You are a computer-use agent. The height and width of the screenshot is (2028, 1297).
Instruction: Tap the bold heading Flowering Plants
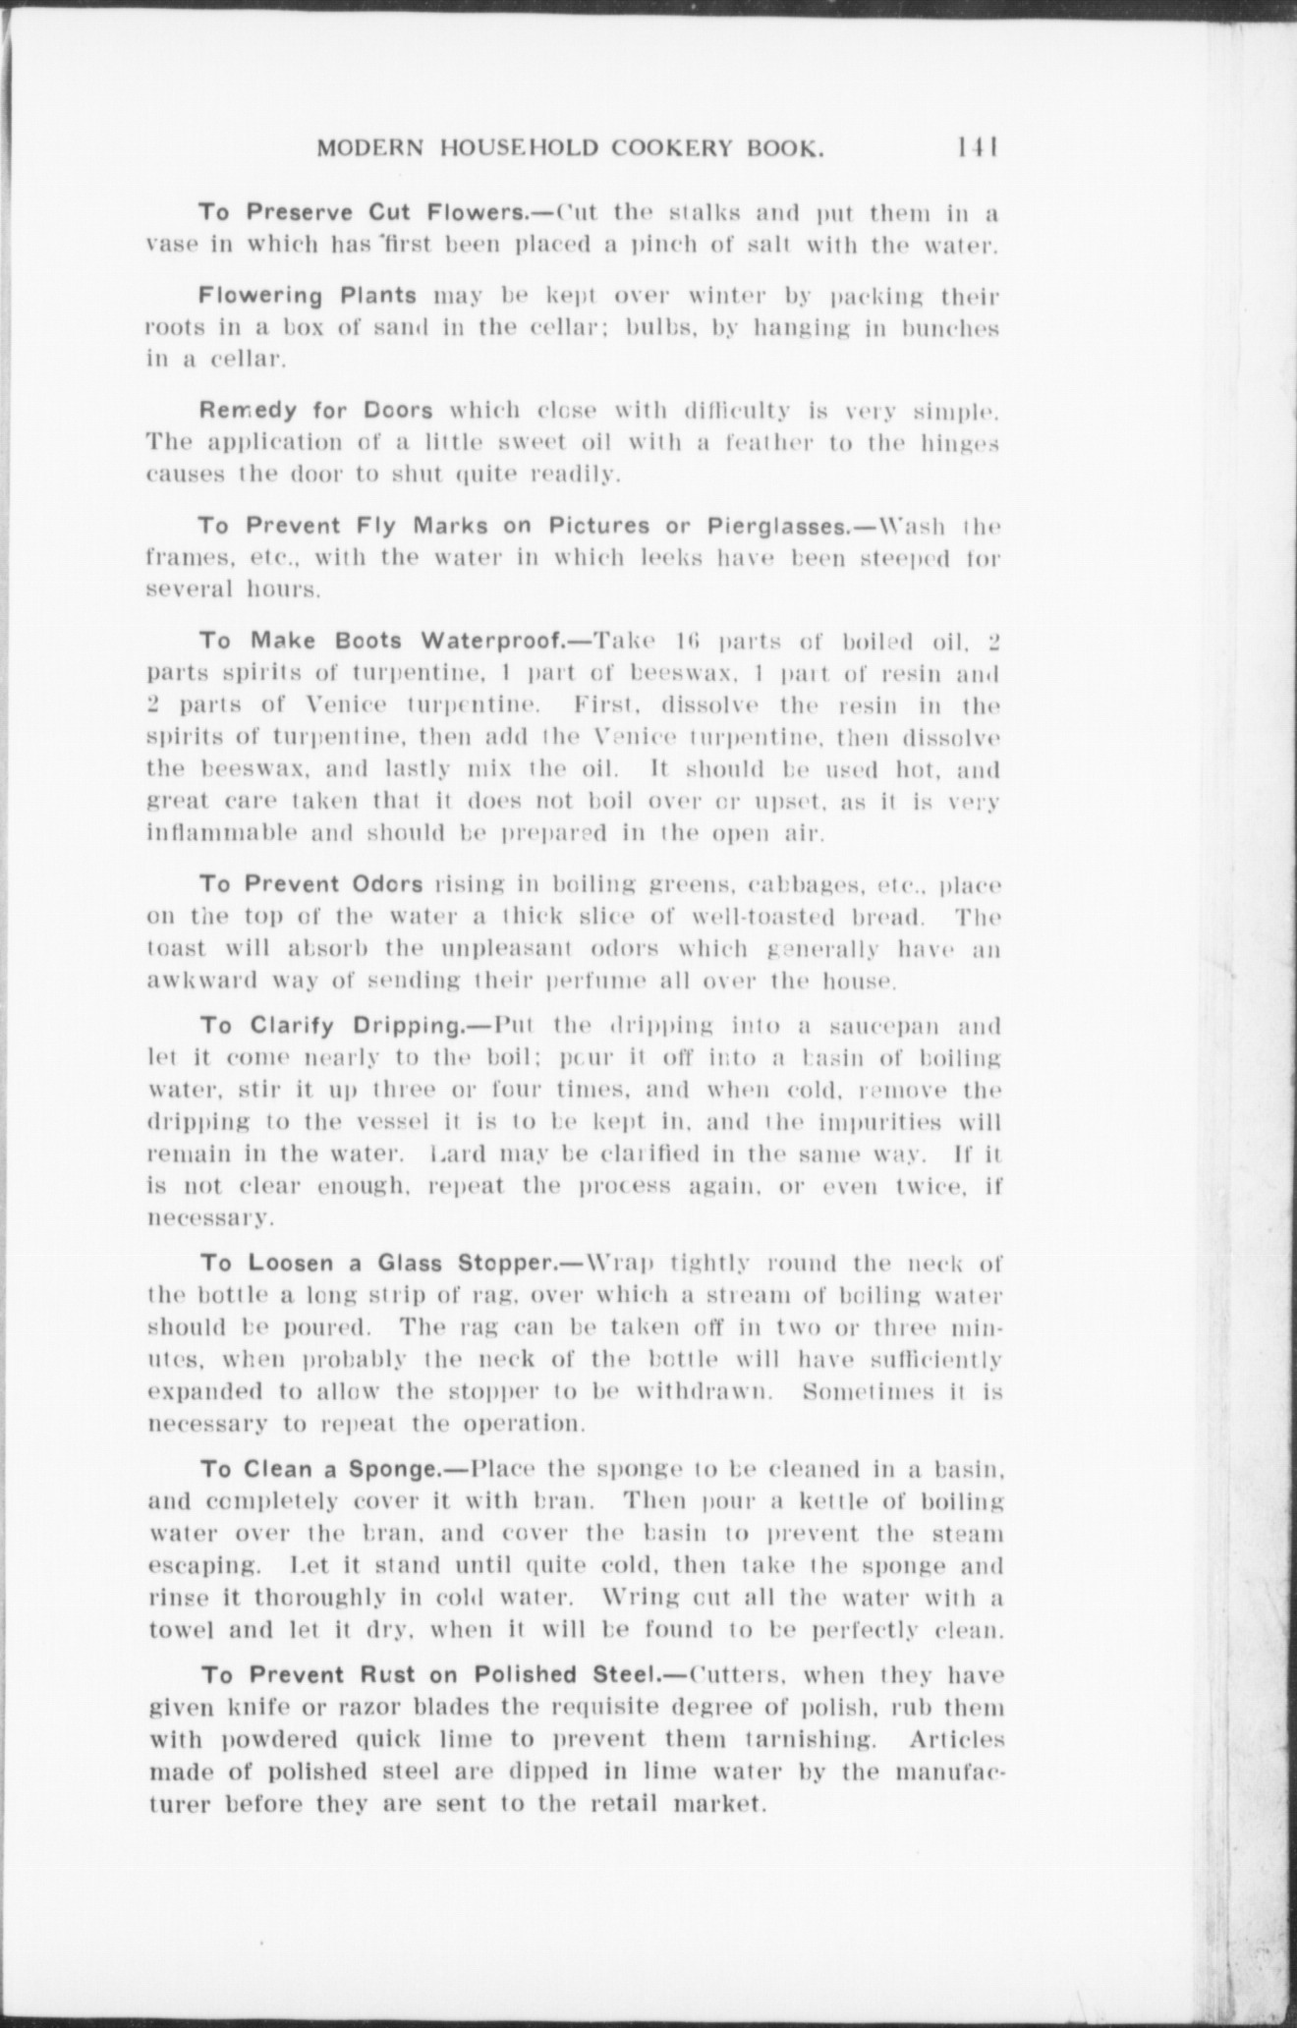[x=309, y=295]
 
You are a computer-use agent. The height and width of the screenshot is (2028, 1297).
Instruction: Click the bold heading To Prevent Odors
[x=311, y=883]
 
